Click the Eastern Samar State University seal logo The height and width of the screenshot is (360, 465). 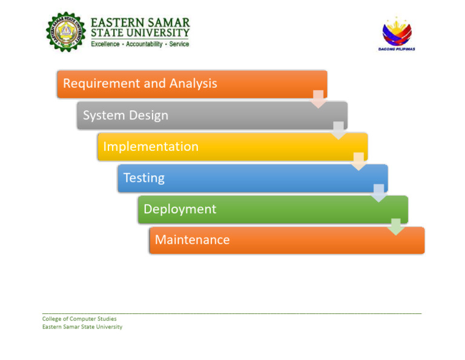[x=67, y=32]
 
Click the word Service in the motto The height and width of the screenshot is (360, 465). [x=179, y=44]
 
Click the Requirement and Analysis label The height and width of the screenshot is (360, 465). [x=140, y=84]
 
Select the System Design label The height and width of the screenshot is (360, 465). [x=125, y=115]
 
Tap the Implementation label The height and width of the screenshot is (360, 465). [x=151, y=147]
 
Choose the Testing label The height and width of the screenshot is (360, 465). [x=144, y=178]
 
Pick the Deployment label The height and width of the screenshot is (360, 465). [x=180, y=209]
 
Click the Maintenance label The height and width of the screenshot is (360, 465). [x=192, y=240]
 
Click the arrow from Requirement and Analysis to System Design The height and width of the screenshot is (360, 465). [x=318, y=99]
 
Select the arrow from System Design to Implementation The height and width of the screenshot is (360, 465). [x=338, y=130]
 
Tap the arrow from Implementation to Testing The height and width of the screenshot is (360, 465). [x=358, y=162]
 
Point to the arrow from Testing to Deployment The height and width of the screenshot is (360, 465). [x=378, y=193]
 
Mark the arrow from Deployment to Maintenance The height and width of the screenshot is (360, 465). [x=396, y=227]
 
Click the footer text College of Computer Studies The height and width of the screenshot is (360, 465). [x=79, y=319]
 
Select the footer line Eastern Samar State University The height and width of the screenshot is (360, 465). [x=82, y=327]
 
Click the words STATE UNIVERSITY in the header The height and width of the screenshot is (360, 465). [x=140, y=33]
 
